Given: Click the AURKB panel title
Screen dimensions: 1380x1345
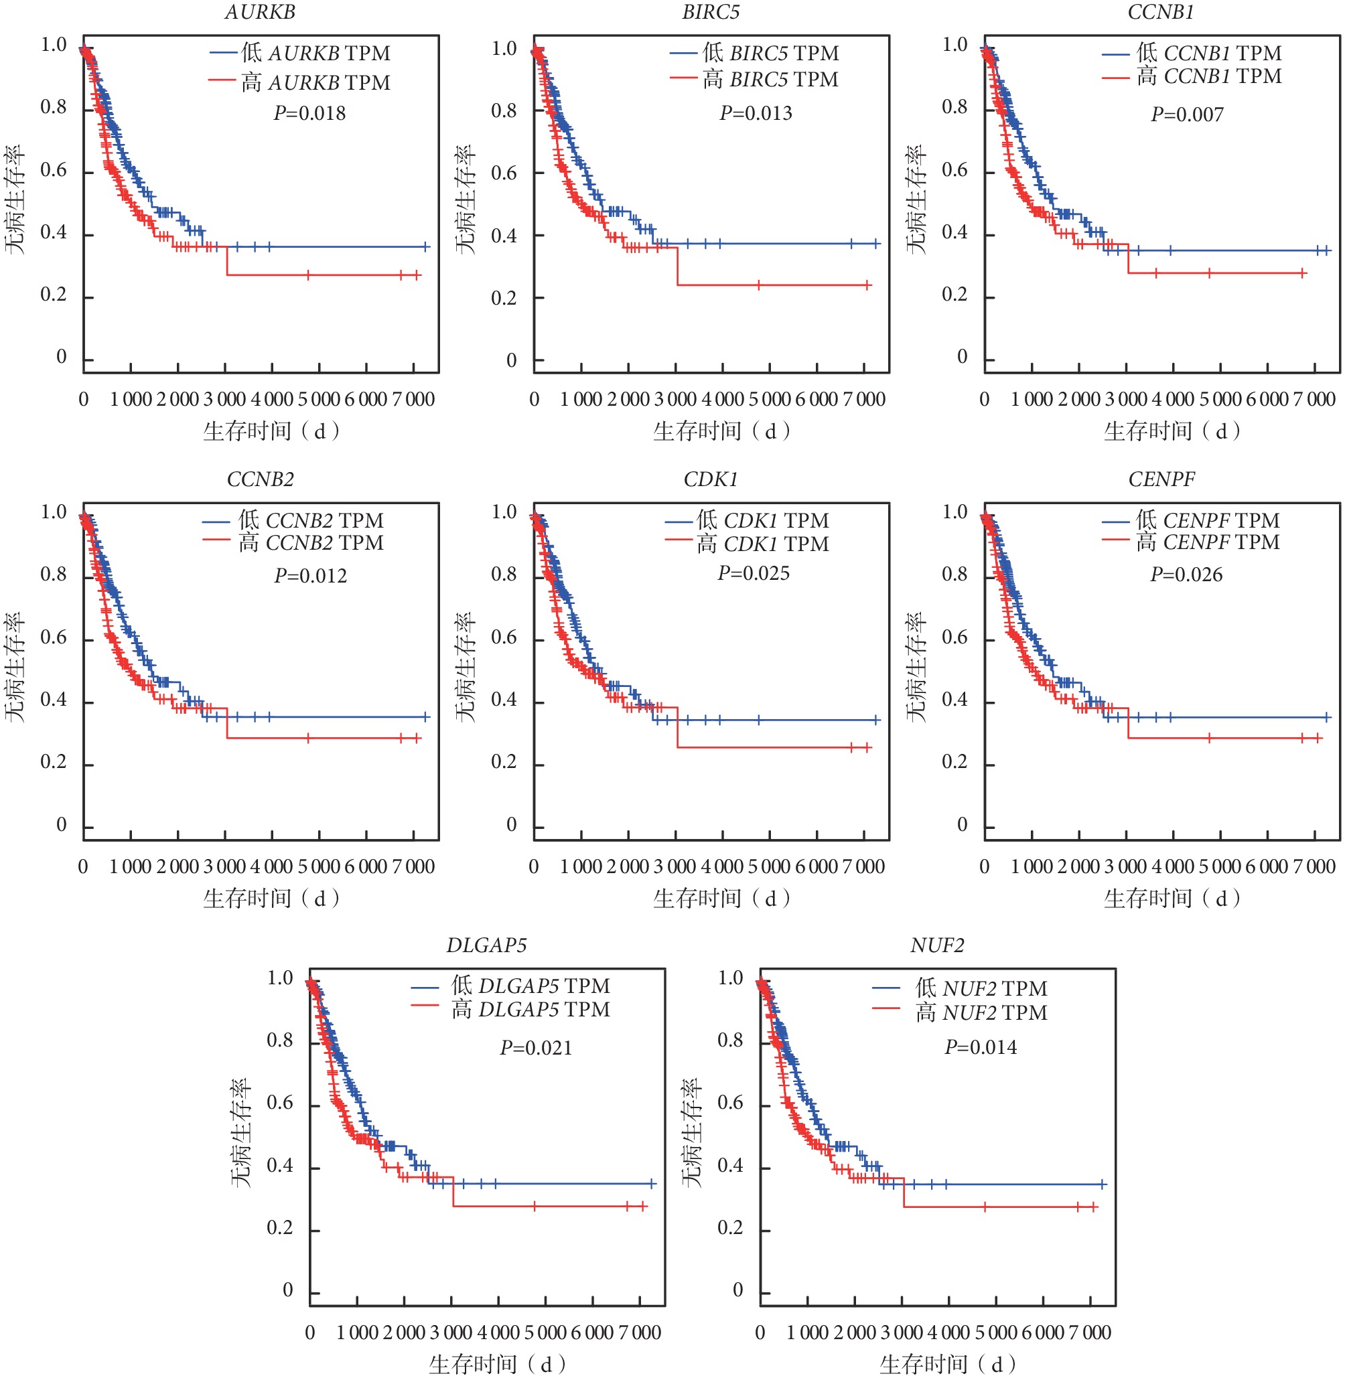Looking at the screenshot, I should [x=260, y=12].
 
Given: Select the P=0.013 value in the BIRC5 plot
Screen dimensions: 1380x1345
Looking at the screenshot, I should [x=755, y=113].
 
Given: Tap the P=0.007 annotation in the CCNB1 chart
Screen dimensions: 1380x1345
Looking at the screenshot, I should [x=1187, y=114].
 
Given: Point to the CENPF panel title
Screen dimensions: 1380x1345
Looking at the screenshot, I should [x=1161, y=479].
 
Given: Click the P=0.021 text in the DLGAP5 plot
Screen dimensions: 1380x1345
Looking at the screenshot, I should [x=535, y=1047].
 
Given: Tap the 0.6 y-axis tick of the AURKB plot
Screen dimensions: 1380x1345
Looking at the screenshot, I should [x=54, y=170].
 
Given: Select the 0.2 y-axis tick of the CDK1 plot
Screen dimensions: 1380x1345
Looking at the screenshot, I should [x=504, y=762].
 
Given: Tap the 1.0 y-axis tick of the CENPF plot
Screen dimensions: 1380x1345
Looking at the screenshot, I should [x=954, y=512].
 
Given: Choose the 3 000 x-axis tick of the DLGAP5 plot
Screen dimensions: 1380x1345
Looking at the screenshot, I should [x=451, y=1332].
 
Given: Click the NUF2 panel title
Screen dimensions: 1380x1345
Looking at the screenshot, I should [x=936, y=945].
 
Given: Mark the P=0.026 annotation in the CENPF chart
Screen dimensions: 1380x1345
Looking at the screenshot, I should [x=1186, y=575].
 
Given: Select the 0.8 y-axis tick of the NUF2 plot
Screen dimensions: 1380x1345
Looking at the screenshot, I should [x=730, y=1040].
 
